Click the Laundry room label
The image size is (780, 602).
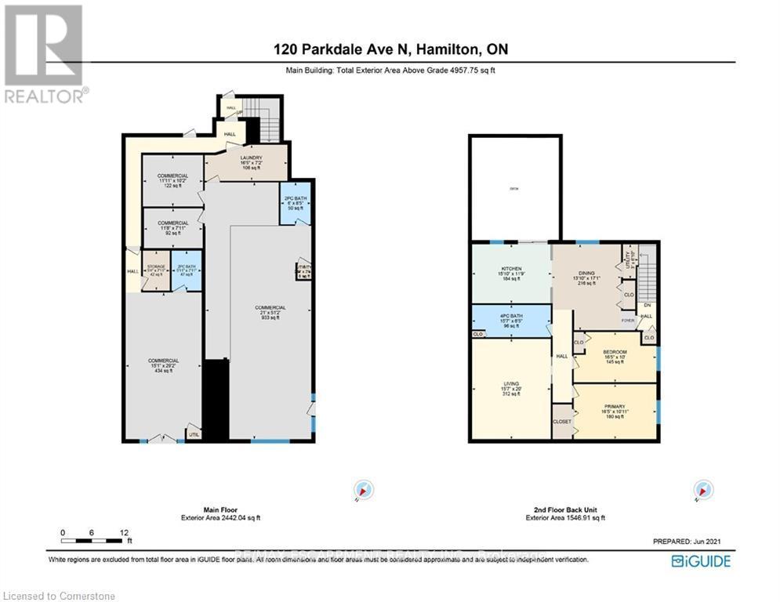pos(252,162)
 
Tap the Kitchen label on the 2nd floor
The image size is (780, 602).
pos(510,274)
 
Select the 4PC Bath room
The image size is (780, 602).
pos(510,321)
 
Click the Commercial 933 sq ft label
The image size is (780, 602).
pos(270,311)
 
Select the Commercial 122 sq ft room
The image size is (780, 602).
pos(172,180)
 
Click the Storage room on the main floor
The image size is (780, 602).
pos(156,270)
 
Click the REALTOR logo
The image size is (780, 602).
pos(45,53)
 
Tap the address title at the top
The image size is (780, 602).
pos(390,49)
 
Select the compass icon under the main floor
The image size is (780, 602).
pos(363,490)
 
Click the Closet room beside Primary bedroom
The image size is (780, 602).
pos(563,420)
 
